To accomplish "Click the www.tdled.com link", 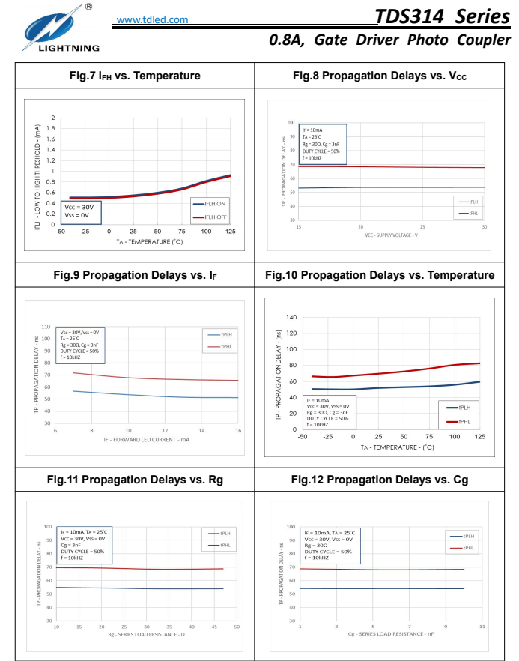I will pyautogui.click(x=153, y=19).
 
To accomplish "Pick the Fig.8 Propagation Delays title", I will pyautogui.click(x=382, y=76).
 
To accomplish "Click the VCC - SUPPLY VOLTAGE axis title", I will pyautogui.click(x=391, y=235).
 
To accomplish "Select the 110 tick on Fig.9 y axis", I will pyautogui.click(x=46, y=327).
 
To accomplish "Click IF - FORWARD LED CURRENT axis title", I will pyautogui.click(x=146, y=440).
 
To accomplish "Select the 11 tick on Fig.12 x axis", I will pyautogui.click(x=482, y=626).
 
